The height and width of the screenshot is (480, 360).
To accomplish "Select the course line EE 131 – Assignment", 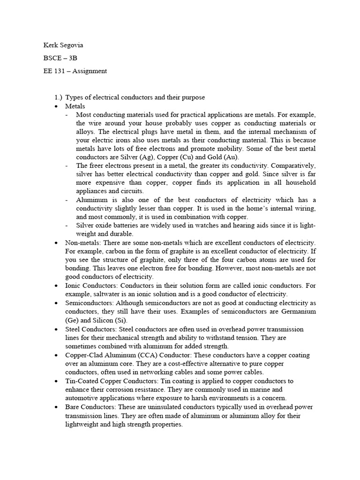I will tap(75, 71).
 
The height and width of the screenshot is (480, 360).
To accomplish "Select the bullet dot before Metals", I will tap(56, 106).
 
